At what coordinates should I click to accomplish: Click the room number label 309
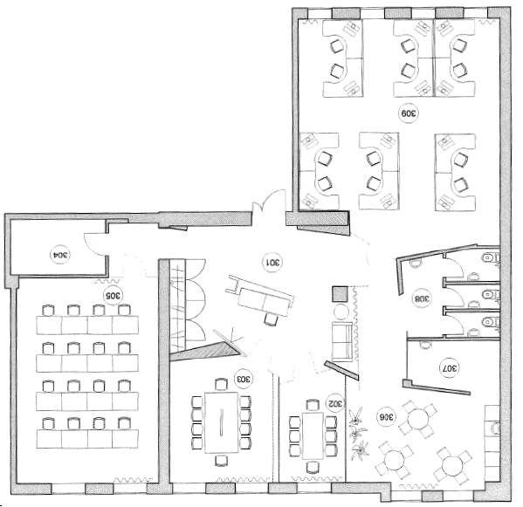(x=409, y=113)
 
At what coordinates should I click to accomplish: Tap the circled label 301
(x=273, y=263)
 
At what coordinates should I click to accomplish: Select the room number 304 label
(x=60, y=255)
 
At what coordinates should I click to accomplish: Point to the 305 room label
(x=113, y=295)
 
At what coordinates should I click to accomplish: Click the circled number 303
(x=243, y=379)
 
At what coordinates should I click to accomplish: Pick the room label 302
(x=335, y=403)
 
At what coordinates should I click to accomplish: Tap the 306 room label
(x=387, y=417)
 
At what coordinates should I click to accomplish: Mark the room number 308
(x=423, y=298)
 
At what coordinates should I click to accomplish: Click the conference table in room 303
(x=222, y=422)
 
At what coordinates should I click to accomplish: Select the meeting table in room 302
(x=313, y=436)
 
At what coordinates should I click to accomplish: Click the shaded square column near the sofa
(x=341, y=294)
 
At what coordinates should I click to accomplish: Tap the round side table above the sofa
(x=341, y=312)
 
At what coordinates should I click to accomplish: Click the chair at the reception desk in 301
(x=271, y=320)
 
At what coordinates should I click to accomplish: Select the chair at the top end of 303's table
(x=221, y=384)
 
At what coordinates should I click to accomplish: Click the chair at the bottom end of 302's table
(x=313, y=467)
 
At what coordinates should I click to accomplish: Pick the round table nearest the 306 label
(x=417, y=419)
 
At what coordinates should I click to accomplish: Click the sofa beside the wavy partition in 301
(x=341, y=342)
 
